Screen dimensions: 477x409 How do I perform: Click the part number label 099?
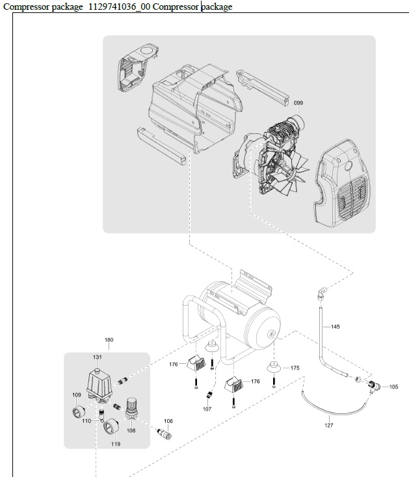tap(298, 103)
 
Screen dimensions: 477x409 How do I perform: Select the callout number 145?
tap(336, 326)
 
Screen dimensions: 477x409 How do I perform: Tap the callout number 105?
tap(393, 387)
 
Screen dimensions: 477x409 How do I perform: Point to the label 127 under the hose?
tap(329, 425)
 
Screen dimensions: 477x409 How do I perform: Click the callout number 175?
tap(295, 368)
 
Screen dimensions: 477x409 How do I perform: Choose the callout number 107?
tap(207, 409)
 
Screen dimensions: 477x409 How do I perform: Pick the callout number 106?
tap(168, 421)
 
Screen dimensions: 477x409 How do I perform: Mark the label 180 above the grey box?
tap(109, 340)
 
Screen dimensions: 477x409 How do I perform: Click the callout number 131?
tap(97, 357)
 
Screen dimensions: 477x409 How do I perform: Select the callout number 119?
tap(116, 444)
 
